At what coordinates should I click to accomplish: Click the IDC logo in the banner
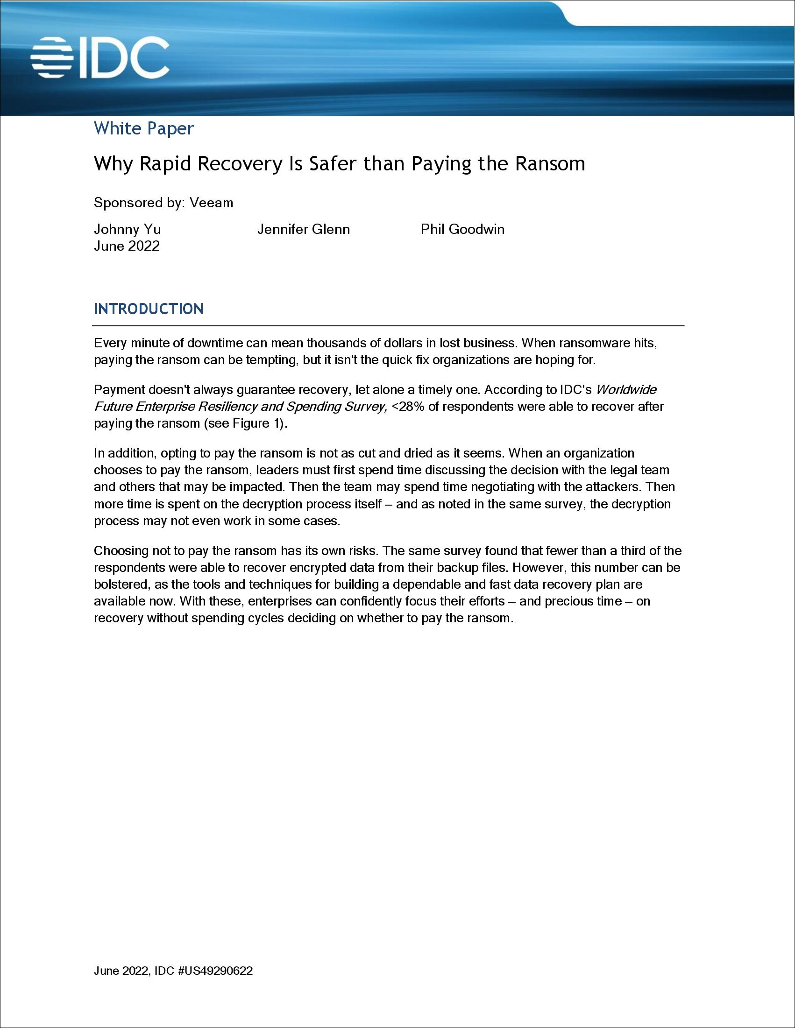[x=100, y=58]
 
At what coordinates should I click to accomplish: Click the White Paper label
[x=144, y=128]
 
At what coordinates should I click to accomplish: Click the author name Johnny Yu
[x=127, y=229]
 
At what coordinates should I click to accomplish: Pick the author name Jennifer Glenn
[x=303, y=229]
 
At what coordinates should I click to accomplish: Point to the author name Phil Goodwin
[x=462, y=229]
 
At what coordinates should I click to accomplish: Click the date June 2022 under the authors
[x=127, y=246]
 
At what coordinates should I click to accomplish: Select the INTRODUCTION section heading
[x=149, y=309]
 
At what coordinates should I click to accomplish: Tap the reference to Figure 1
[x=258, y=423]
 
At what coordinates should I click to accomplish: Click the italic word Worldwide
[x=626, y=390]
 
